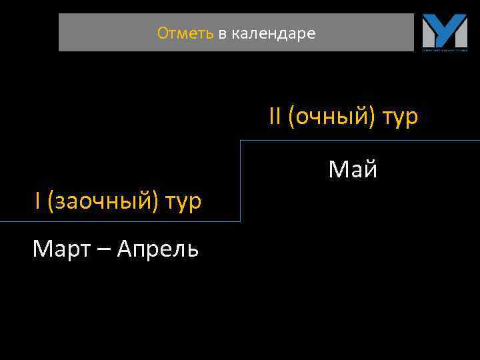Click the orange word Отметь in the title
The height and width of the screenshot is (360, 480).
tap(185, 33)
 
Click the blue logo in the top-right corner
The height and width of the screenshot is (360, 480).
tap(444, 30)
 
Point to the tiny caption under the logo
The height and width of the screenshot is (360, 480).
tap(444, 49)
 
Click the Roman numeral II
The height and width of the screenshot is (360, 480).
tap(275, 117)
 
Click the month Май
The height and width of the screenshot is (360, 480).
tap(353, 170)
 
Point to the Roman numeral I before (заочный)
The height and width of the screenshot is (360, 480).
tap(38, 201)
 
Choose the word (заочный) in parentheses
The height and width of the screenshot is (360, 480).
tap(93, 201)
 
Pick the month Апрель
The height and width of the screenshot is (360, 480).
tap(157, 250)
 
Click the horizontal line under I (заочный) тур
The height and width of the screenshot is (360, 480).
tap(120, 221)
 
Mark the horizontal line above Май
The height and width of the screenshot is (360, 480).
tap(360, 141)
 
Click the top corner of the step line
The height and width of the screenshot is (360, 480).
tap(240, 141)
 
